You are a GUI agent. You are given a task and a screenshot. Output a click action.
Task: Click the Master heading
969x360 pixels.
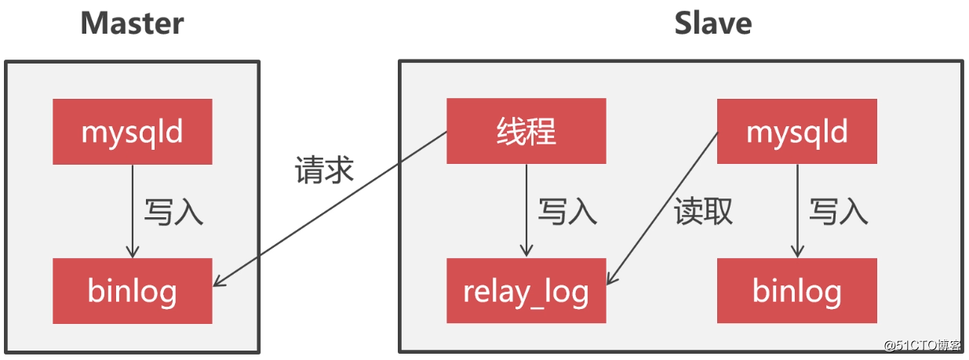[133, 24]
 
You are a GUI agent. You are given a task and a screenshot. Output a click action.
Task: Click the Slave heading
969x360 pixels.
[713, 24]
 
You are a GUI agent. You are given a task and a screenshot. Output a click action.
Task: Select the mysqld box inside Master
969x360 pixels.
[133, 132]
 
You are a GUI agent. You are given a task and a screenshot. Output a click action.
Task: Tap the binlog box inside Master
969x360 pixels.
[133, 291]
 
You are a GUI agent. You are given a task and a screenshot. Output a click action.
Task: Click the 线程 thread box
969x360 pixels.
[526, 131]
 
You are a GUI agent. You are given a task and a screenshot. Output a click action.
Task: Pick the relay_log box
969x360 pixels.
[526, 290]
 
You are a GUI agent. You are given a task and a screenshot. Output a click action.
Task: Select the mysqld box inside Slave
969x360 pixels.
[797, 132]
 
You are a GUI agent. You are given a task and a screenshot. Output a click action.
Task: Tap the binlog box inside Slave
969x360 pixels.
[797, 290]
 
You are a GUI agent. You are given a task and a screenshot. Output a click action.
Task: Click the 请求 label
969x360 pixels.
[325, 170]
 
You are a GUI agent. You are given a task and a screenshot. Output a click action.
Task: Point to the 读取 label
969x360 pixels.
[703, 211]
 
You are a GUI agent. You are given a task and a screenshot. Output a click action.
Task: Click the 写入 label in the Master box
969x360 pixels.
[174, 212]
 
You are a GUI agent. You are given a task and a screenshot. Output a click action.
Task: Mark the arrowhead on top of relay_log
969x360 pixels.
[526, 252]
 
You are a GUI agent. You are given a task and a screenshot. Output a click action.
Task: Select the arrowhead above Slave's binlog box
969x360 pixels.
[797, 253]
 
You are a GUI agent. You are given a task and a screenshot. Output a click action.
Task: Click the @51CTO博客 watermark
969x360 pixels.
[922, 345]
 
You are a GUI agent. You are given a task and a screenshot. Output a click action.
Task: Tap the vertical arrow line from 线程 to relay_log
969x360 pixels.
[526, 210]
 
